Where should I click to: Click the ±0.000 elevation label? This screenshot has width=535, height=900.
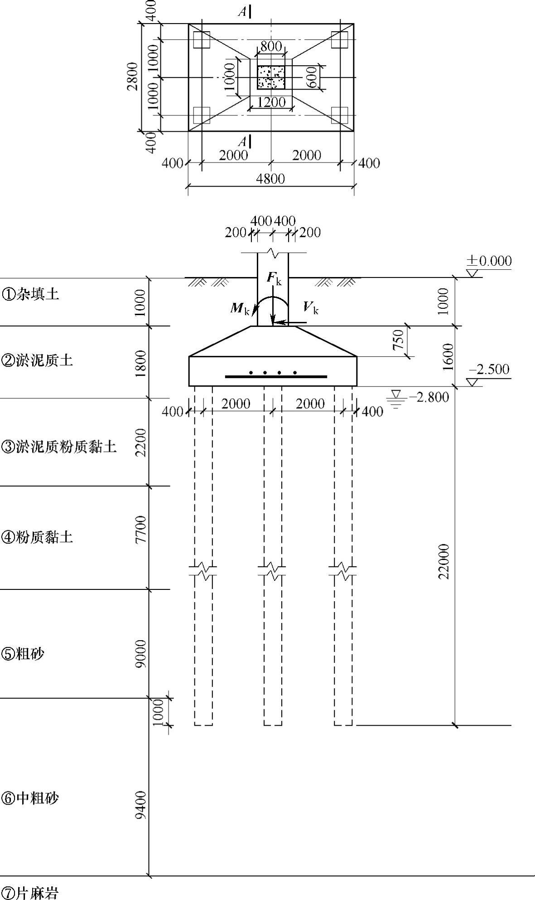(x=489, y=261)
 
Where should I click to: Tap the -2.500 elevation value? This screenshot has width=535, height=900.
(x=489, y=369)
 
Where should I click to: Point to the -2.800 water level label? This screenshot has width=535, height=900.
(x=429, y=397)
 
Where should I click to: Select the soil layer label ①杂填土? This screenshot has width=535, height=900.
(x=30, y=294)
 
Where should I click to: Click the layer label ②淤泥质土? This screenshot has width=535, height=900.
(x=37, y=360)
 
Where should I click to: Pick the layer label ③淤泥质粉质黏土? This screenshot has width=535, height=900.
(x=59, y=447)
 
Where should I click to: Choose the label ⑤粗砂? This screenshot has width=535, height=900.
(x=23, y=654)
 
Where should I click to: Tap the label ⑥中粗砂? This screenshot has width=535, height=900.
(x=30, y=798)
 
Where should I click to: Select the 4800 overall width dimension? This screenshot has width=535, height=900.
(x=270, y=179)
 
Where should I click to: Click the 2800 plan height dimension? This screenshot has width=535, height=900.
(x=132, y=77)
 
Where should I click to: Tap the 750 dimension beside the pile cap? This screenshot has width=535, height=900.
(x=398, y=340)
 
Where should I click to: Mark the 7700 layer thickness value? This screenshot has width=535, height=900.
(x=141, y=529)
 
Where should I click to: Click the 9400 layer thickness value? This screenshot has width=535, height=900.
(x=141, y=804)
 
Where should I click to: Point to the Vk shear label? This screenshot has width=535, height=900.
(x=311, y=308)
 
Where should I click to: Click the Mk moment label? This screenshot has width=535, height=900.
(x=240, y=309)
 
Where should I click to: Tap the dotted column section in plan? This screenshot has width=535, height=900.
(x=271, y=77)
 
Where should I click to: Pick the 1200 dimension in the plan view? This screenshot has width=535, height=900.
(x=271, y=102)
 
